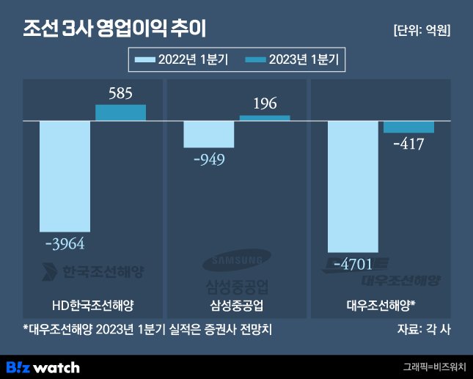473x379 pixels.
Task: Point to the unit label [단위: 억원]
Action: (422, 31)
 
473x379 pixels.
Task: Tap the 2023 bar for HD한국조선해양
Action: (121, 112)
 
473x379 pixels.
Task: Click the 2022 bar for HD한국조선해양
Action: (65, 176)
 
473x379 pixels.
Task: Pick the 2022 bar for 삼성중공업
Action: (209, 134)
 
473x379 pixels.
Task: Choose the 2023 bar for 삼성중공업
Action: (265, 117)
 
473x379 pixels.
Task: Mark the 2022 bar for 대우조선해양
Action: (353, 186)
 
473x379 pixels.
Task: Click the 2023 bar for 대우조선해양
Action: (409, 127)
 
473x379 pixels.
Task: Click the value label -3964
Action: (65, 244)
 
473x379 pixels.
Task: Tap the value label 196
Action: (265, 103)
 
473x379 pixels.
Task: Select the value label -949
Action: (209, 160)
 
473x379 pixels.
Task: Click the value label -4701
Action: (353, 262)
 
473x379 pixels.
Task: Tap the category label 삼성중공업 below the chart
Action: (237, 304)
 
